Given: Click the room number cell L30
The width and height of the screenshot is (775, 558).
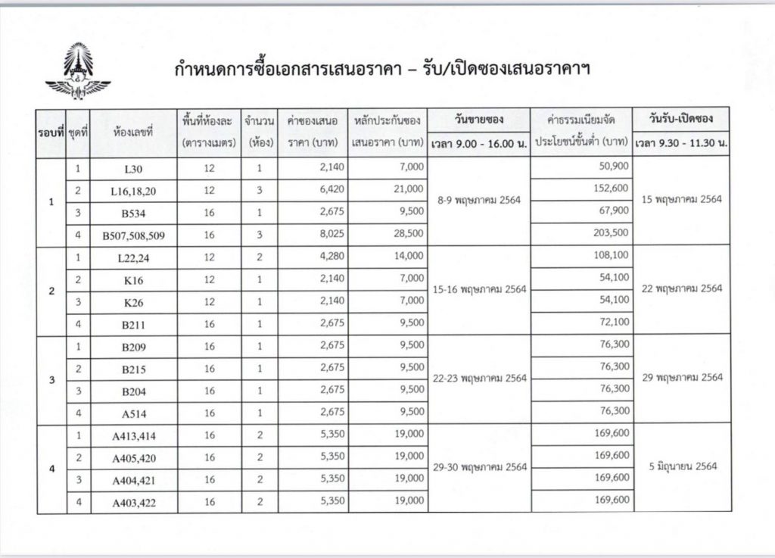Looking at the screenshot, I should coord(133,168).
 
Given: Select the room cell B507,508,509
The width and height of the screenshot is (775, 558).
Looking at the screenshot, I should coord(133,235).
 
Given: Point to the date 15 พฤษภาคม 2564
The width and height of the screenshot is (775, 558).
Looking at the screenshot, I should coord(682,200).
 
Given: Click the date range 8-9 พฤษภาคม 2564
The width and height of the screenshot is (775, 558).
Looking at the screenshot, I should coord(478,200).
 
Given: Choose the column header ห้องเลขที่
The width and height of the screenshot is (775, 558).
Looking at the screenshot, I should coord(133,132).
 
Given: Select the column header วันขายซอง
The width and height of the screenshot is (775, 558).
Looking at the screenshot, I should coord(478,120).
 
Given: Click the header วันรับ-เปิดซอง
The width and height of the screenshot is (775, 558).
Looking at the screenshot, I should coord(681,119).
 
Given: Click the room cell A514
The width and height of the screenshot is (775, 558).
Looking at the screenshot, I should coord(133,413).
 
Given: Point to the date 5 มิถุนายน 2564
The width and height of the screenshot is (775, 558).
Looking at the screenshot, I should coord(682,466).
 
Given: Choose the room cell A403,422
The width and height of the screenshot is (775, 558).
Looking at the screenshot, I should coord(133,502).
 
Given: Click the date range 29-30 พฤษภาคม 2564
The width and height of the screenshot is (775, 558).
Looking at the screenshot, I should coord(478,467).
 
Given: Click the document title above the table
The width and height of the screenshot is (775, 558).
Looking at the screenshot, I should coord(382,70).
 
